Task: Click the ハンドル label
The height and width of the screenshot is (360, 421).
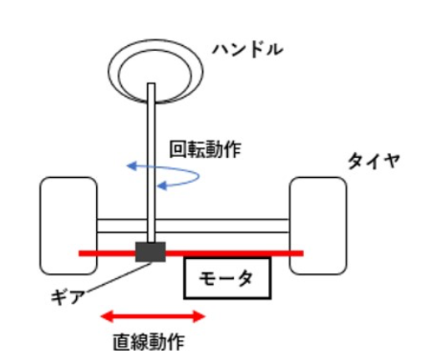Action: click(248, 50)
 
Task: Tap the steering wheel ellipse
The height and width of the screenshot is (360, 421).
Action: click(155, 41)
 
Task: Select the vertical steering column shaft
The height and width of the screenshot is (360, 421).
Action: click(151, 163)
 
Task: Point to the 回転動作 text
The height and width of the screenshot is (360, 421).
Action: click(205, 150)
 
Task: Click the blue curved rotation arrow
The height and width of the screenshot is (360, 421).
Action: click(199, 175)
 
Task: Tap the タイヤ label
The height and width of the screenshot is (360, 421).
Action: click(373, 160)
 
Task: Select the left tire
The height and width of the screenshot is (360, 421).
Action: click(68, 226)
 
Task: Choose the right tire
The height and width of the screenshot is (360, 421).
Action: click(318, 226)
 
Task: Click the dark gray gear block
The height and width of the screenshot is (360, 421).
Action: click(150, 252)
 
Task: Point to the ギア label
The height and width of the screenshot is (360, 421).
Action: click(68, 297)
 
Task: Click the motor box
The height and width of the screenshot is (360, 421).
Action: click(227, 278)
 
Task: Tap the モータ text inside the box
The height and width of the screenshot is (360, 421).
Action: click(226, 279)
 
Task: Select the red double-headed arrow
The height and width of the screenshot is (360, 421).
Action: click(153, 317)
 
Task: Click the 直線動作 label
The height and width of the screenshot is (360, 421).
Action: click(149, 342)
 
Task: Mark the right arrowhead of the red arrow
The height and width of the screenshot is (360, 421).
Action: click(200, 317)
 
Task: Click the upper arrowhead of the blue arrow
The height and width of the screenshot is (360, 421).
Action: click(131, 166)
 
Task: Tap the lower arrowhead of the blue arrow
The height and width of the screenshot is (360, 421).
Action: click(162, 185)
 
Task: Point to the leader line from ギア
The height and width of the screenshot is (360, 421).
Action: click(118, 277)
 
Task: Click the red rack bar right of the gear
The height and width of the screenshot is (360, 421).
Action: click(235, 253)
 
